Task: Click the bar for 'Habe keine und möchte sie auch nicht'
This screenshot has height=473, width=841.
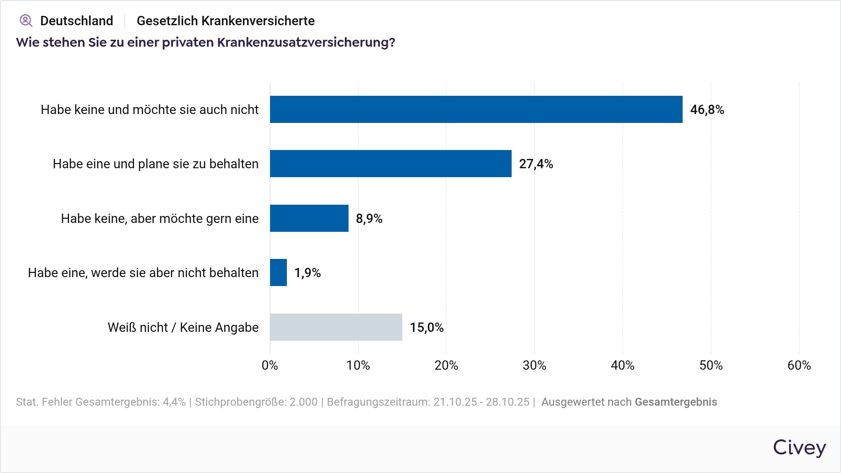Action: pos(476,109)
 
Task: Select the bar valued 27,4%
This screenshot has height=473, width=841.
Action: pos(391,164)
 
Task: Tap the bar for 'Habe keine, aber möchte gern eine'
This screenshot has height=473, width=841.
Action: pos(309,218)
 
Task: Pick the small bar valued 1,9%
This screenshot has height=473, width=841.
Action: pos(278,272)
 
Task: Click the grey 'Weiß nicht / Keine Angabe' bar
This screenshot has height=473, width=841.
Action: pos(336,327)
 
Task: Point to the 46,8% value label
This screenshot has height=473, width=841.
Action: pos(707,110)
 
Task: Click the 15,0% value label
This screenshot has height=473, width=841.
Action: pos(427,328)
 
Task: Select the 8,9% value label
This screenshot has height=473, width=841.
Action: pos(369,219)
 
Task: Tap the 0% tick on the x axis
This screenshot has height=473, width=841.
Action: pos(270,365)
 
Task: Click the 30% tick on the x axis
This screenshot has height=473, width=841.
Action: pos(535,365)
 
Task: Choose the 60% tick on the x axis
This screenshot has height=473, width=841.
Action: pos(799,365)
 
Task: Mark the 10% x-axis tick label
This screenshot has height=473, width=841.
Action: pos(358,365)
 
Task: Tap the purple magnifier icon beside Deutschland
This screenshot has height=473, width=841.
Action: pos(26,21)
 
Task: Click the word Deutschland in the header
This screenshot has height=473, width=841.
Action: pos(77,21)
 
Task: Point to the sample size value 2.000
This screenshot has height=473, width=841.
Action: pos(303,402)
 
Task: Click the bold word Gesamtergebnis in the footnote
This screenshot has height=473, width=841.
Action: pos(676,402)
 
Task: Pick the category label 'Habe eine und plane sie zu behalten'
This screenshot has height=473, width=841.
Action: pos(156,164)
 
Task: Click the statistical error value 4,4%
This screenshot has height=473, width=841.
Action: pos(174,402)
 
